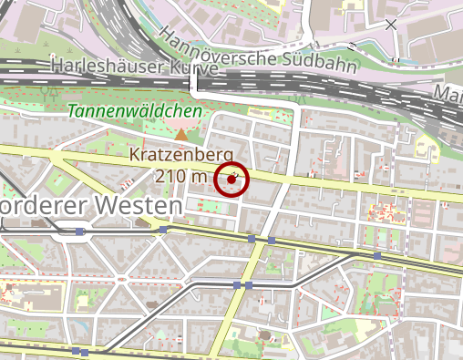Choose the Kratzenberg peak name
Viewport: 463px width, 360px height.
pyautogui.click(x=182, y=155)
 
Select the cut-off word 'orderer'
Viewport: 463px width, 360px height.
pyautogui.click(x=41, y=207)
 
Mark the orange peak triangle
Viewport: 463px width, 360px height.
pyautogui.click(x=181, y=136)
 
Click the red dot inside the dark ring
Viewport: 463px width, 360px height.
pyautogui.click(x=231, y=180)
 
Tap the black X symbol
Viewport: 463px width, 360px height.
pyautogui.click(x=391, y=25)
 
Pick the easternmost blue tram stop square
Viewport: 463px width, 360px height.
pyautogui.click(x=377, y=256)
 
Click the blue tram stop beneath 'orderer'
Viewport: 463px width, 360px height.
pyautogui.click(x=80, y=231)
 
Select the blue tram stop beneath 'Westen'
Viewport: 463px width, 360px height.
pyautogui.click(x=163, y=230)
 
